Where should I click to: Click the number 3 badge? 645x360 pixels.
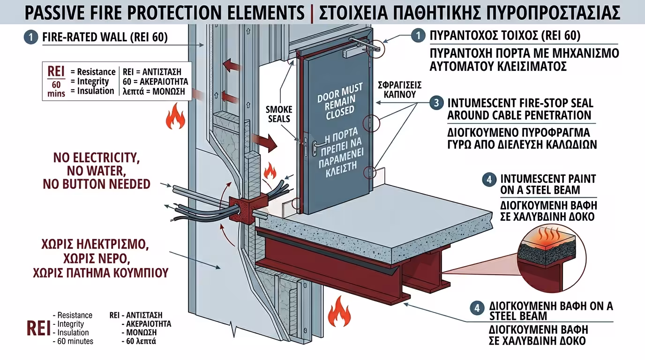(x=436, y=103)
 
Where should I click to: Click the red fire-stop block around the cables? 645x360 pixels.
(x=240, y=210)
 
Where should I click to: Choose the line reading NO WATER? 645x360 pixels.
(x=96, y=170)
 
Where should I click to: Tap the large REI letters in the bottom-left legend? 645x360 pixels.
(x=38, y=328)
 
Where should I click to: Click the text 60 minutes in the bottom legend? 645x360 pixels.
(x=75, y=341)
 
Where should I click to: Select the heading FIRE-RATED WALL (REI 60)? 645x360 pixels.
(x=105, y=37)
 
